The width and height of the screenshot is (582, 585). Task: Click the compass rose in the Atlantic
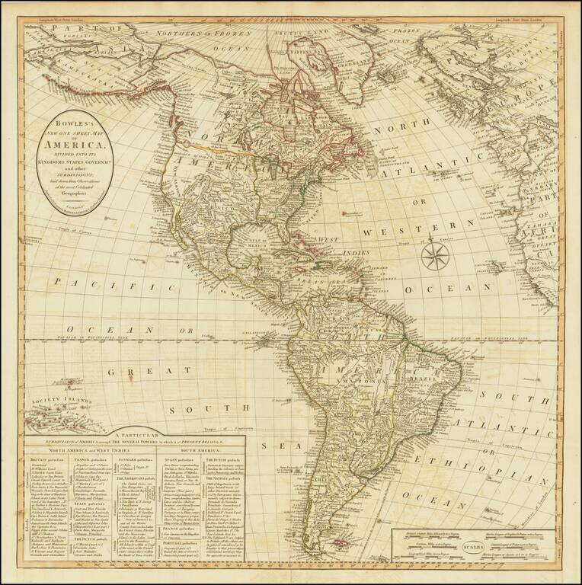tap(437, 255)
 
